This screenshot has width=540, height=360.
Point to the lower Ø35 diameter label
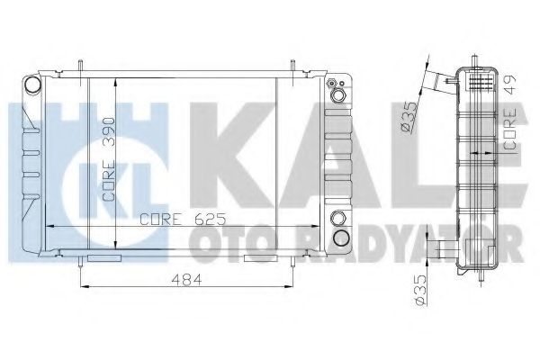tap(407, 292)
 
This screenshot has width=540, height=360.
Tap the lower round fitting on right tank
tap(339, 237)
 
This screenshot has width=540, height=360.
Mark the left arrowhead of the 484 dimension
tap(85, 287)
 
